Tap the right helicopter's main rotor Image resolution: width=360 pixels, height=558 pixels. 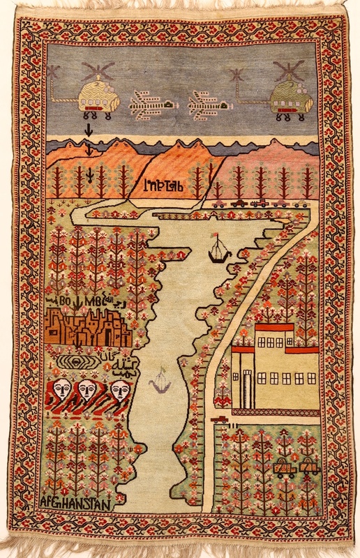tap(287, 70)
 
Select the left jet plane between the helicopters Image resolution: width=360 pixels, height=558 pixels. tap(149, 105)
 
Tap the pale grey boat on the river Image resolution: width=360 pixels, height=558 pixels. tap(160, 383)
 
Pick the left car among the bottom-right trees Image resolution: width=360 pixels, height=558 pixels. tap(285, 468)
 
